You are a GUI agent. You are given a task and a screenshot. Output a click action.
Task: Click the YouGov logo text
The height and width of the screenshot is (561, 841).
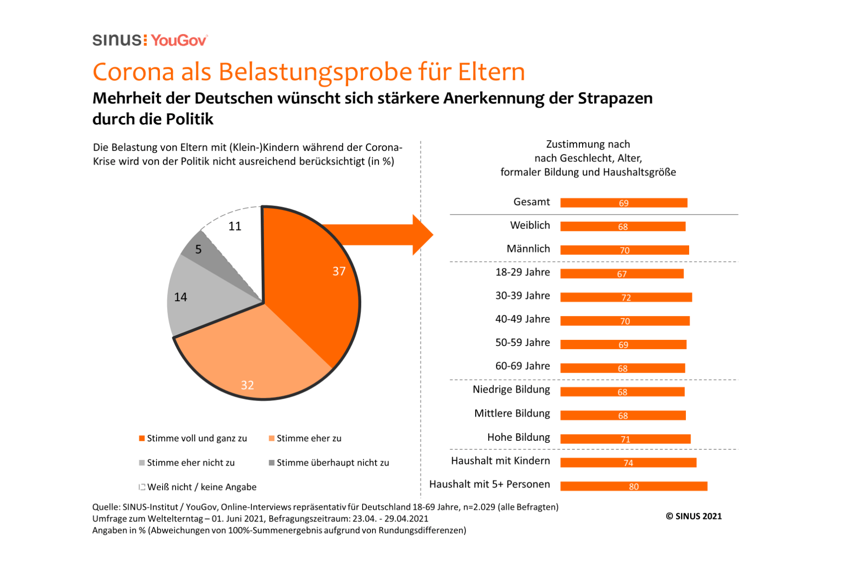[178, 41]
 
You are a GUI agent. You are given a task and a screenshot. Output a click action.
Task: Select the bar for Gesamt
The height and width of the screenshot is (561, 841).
[624, 203]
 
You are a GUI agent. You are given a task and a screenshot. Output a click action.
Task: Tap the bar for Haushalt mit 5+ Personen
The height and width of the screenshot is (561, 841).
[634, 486]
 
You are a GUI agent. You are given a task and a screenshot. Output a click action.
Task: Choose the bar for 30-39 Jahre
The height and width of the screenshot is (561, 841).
[626, 297]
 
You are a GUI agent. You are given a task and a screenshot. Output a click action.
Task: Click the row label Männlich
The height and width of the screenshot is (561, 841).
[528, 249]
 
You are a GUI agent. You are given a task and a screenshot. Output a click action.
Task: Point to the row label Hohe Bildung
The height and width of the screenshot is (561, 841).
[519, 437]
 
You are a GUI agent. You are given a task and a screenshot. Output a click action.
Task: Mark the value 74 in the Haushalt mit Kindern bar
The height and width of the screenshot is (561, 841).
[628, 463]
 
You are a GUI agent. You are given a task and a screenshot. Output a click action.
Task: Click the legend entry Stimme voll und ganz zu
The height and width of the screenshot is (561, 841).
[196, 439]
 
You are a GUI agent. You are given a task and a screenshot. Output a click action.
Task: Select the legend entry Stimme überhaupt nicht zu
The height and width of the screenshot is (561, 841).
[332, 463]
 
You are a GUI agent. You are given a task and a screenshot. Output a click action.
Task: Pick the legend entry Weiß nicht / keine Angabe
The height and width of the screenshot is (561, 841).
[201, 487]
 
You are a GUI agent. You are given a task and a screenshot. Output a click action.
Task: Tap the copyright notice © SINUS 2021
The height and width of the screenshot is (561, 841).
[694, 516]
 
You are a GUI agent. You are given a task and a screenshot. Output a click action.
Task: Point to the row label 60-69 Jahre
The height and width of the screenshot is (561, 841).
[522, 366]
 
